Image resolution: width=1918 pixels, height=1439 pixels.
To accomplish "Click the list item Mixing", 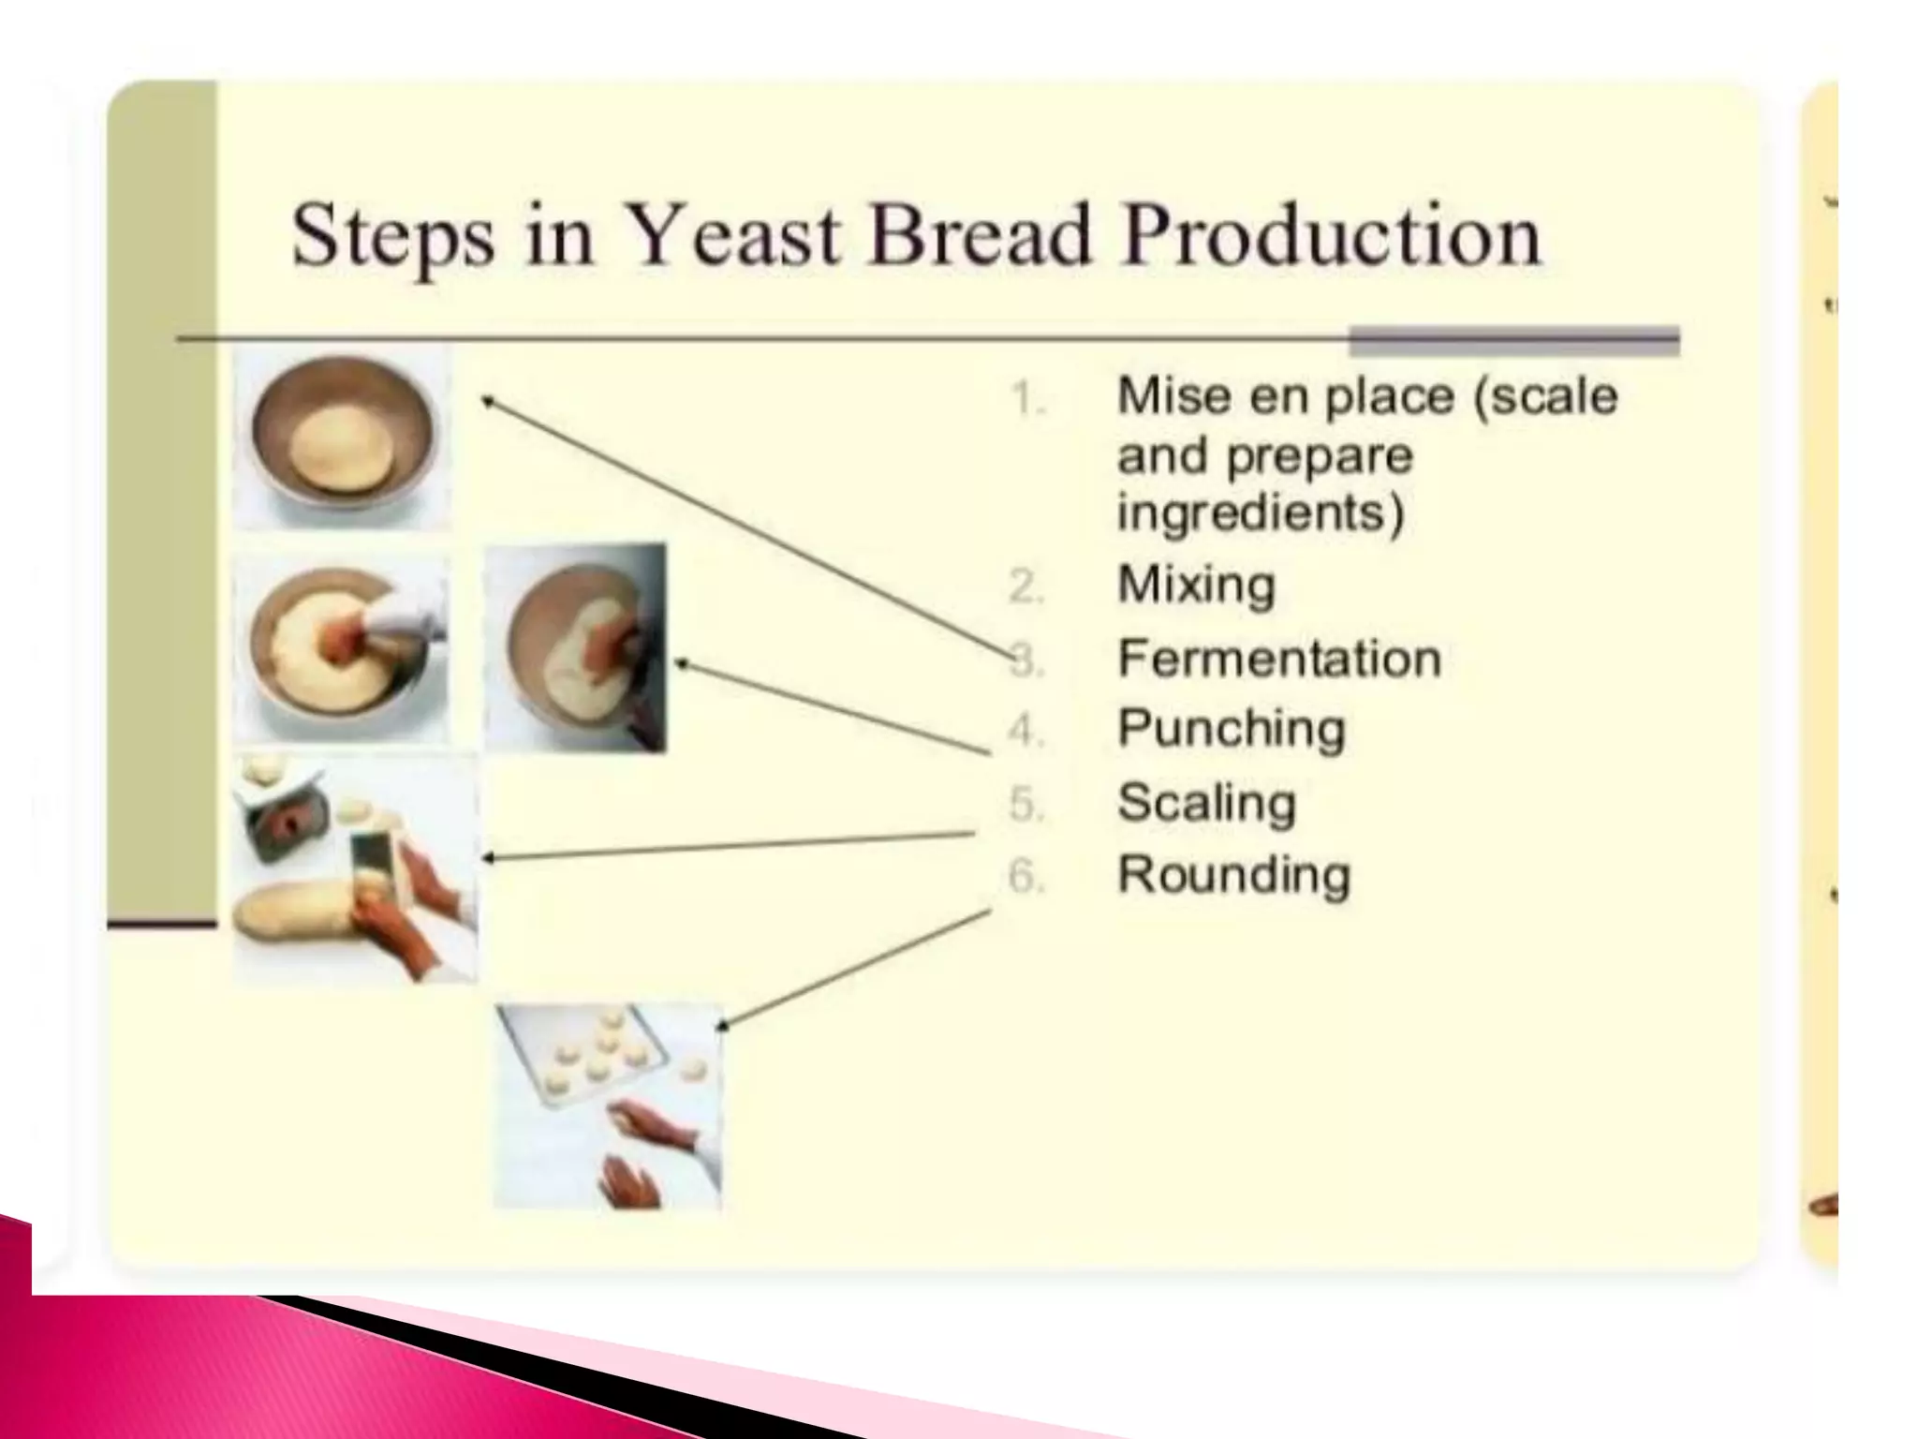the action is pyautogui.click(x=1196, y=586).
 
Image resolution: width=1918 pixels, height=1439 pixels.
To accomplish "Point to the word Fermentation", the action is pyautogui.click(x=1279, y=659).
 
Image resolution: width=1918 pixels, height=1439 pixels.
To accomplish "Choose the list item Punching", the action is pyautogui.click(x=1231, y=730).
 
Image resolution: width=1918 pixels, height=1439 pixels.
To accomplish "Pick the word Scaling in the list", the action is pyautogui.click(x=1206, y=804).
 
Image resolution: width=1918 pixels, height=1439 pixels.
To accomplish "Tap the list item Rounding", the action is pyautogui.click(x=1233, y=876).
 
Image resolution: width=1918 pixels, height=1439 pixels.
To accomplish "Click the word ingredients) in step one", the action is pyautogui.click(x=1261, y=513).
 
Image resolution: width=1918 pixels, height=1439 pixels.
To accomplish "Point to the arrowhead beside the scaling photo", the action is pyautogui.click(x=488, y=857).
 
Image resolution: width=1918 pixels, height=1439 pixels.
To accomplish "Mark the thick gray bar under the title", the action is pyautogui.click(x=1512, y=341).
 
